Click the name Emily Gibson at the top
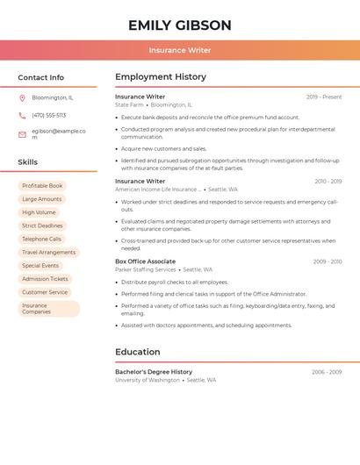[180, 25]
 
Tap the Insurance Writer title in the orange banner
[180, 51]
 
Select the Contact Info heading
[41, 77]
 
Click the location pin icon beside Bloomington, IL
[22, 97]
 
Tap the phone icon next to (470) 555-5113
[22, 115]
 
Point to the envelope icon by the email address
[22, 134]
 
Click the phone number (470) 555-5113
[49, 115]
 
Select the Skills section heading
[28, 162]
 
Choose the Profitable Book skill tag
[42, 186]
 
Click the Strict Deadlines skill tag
[42, 225]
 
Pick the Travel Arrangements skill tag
[48, 252]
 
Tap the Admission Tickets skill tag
[45, 279]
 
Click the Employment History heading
[161, 77]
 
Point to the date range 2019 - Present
[324, 97]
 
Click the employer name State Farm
[130, 104]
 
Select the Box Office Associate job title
[145, 261]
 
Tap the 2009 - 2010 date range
[328, 261]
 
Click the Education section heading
[138, 352]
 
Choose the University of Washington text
[148, 380]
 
